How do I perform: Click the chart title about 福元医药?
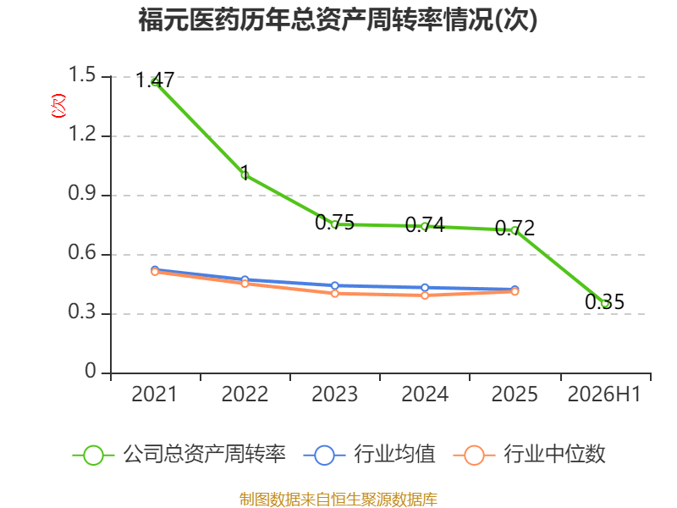(x=338, y=19)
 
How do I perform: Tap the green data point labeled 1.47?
(x=155, y=82)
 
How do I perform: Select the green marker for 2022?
(x=245, y=175)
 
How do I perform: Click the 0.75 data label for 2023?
(x=334, y=223)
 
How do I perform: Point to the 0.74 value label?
(x=425, y=224)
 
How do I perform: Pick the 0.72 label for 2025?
(x=515, y=228)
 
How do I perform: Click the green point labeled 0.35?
(x=605, y=304)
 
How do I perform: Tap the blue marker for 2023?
(x=334, y=285)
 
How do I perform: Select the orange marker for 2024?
(x=425, y=295)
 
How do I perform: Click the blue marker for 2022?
(x=245, y=279)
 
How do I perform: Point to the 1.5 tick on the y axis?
(x=82, y=75)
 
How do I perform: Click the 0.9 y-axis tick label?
(x=82, y=193)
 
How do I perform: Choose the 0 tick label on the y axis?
(x=91, y=371)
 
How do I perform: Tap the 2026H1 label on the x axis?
(x=604, y=394)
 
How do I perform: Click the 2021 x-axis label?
(x=154, y=394)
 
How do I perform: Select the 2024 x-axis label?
(x=425, y=394)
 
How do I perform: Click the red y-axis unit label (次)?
(x=58, y=106)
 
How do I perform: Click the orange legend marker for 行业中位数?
(x=474, y=456)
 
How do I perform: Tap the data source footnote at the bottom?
(x=338, y=499)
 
